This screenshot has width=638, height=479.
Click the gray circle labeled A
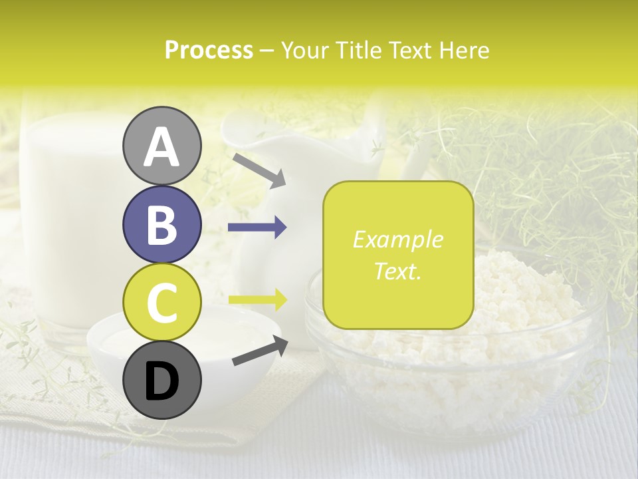pos(161,146)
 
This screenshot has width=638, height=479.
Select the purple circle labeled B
pos(161,225)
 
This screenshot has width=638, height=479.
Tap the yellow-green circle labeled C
pos(161,301)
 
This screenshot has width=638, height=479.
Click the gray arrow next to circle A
pos(259,169)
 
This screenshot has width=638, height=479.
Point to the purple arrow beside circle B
pos(257,228)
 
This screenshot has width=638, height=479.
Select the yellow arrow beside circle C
pos(257,299)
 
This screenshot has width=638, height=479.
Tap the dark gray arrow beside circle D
pos(260,351)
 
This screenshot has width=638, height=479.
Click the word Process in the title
pos(209,50)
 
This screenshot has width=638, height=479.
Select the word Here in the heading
pos(463,50)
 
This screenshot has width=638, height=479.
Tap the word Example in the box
pos(397,240)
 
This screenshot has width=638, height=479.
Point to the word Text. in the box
pos(397,271)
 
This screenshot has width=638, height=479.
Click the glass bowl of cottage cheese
pos(505,346)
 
